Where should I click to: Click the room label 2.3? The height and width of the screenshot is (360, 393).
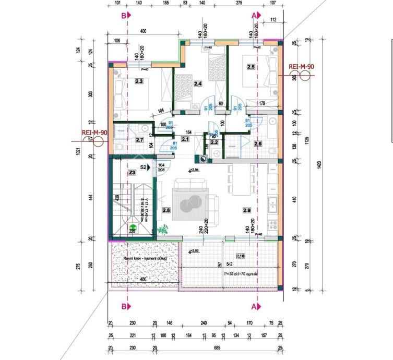click(139, 81)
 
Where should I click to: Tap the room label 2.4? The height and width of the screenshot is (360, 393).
click(198, 83)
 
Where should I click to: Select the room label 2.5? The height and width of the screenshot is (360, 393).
click(251, 67)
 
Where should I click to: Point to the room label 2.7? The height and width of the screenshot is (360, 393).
click(139, 140)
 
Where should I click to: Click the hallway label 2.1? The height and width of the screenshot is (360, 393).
click(185, 139)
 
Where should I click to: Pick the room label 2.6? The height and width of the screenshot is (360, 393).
click(257, 143)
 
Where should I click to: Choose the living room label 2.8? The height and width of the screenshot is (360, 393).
click(166, 210)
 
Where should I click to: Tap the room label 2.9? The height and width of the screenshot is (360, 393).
click(247, 210)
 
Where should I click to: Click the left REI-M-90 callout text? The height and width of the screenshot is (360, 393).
click(94, 133)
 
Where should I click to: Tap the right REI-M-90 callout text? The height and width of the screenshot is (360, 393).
click(301, 67)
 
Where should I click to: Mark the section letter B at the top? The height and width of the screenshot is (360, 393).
click(124, 16)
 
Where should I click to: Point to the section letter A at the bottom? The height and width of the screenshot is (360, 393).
click(254, 306)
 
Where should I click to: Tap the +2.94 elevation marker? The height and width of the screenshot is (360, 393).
click(194, 171)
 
